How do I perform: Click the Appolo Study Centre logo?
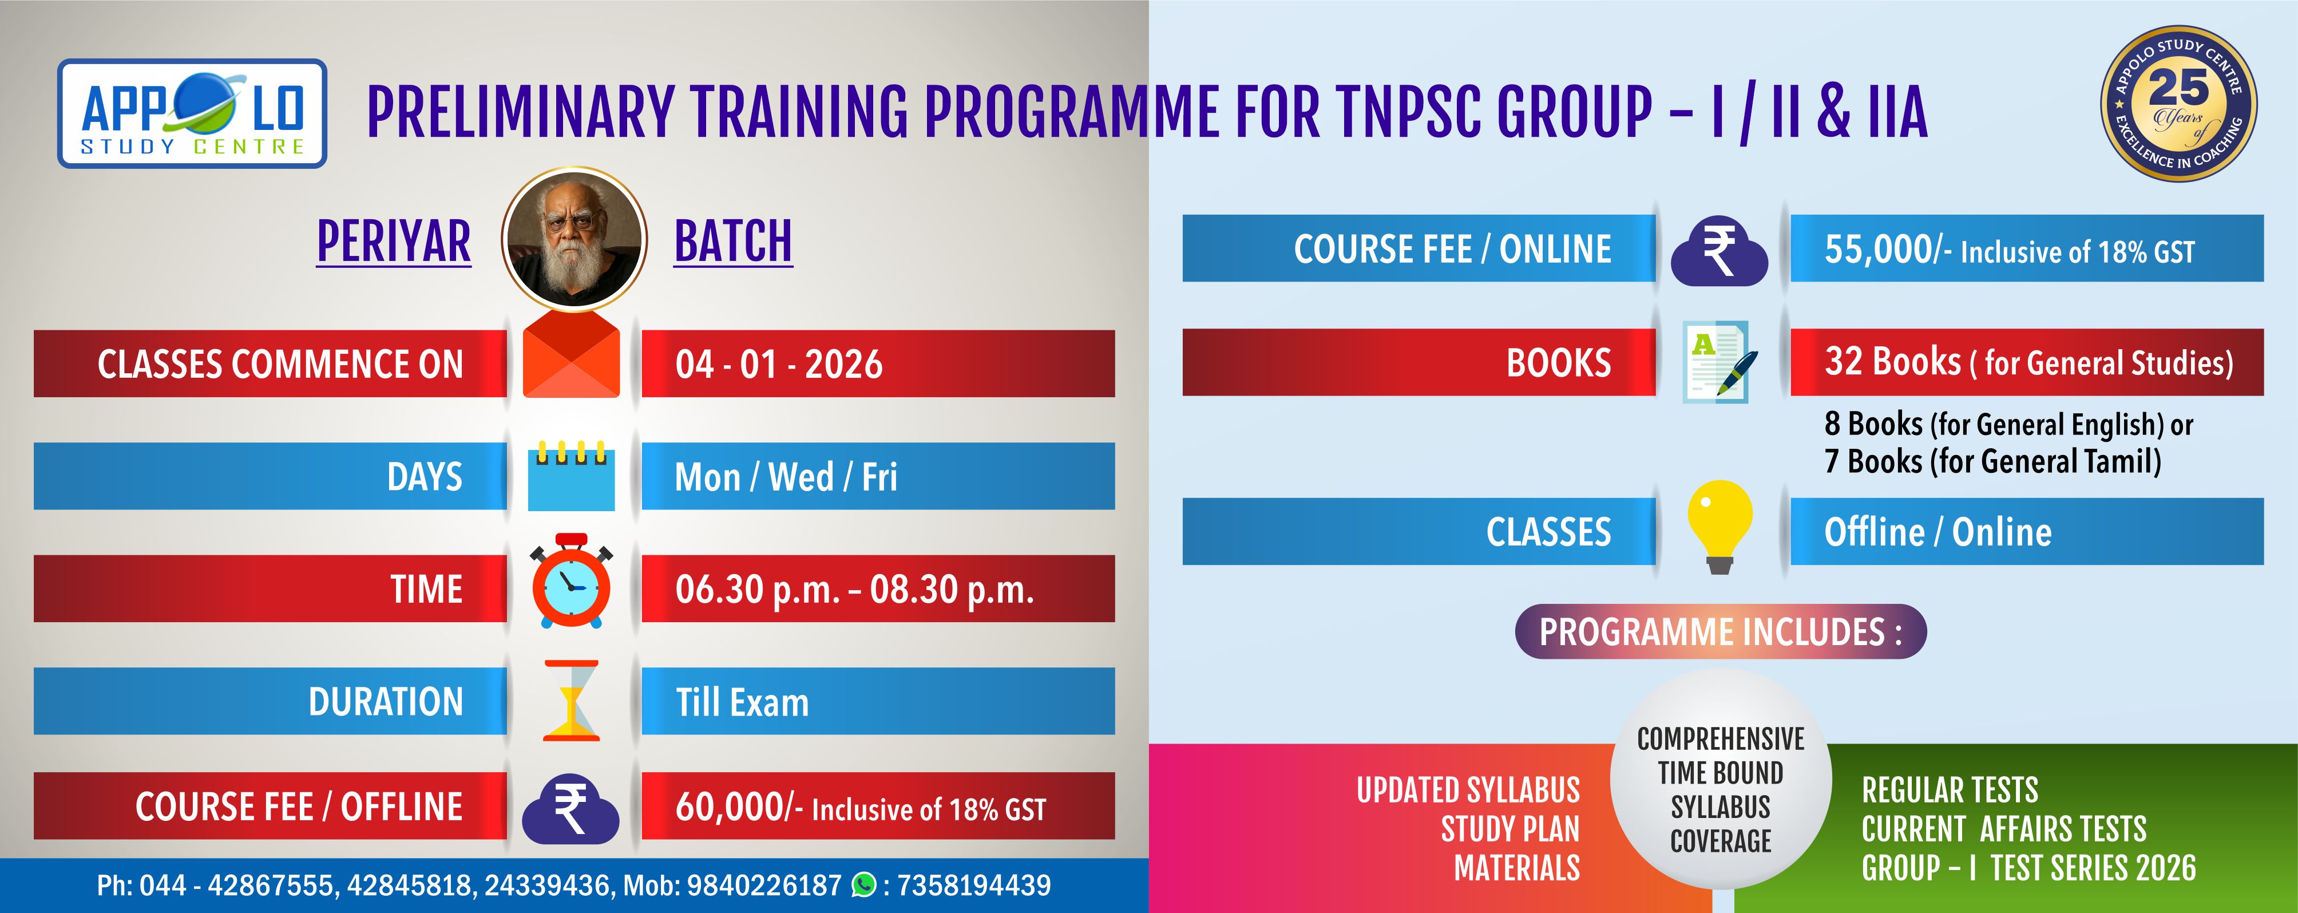(x=192, y=113)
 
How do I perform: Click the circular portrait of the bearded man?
(x=573, y=238)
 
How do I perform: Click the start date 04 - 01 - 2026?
(x=779, y=364)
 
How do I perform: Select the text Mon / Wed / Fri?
(x=786, y=477)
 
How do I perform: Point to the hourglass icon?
(x=571, y=701)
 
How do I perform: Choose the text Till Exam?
(x=742, y=702)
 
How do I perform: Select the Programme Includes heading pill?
(x=1721, y=632)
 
